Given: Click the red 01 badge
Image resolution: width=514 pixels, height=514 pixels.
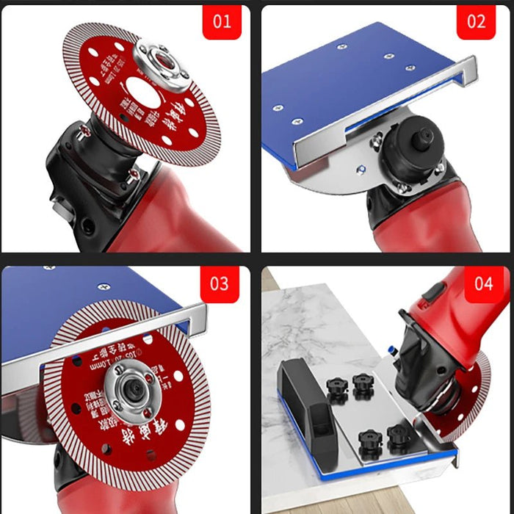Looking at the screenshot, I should (x=222, y=21).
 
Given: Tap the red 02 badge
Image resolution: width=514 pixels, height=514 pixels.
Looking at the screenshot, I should (x=477, y=21).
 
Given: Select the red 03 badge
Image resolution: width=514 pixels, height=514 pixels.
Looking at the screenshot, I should (x=219, y=283).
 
